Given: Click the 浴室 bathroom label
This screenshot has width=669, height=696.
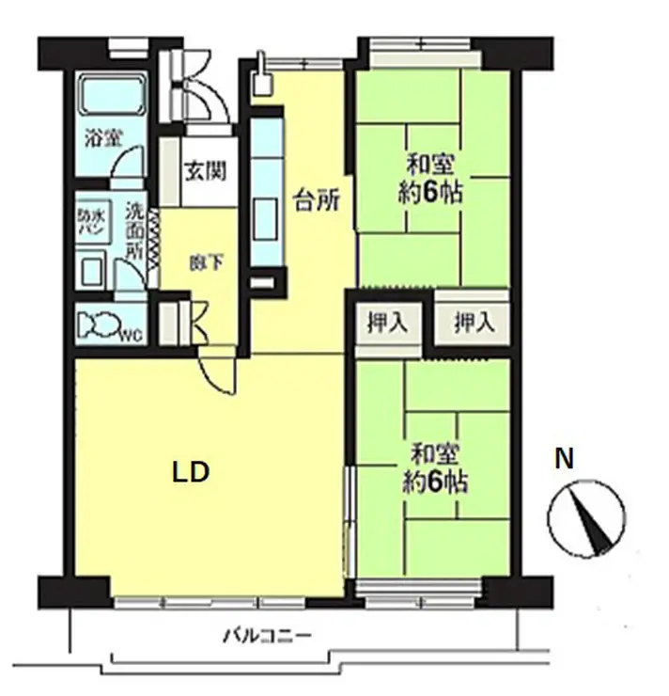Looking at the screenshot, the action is point(102,139).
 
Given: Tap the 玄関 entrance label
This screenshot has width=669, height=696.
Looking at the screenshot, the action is point(206,170).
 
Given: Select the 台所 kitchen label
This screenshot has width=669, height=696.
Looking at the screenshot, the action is point(317,201).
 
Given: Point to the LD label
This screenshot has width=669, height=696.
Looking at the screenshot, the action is point(190,472).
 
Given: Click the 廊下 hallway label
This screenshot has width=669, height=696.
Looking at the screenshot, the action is point(206,263).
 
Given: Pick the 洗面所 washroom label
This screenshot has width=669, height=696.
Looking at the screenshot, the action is point(134,230).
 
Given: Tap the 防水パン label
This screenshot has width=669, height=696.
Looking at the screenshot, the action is point(91,223).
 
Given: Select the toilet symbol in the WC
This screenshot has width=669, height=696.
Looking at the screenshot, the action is point(100,324).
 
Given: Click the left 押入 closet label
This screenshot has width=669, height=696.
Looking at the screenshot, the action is point(387,322).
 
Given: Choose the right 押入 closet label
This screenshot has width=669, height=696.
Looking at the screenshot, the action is point(475,322).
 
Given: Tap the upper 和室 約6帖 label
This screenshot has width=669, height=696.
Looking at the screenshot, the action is point(430,179).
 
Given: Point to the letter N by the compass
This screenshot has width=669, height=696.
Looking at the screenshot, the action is point(565,459).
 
